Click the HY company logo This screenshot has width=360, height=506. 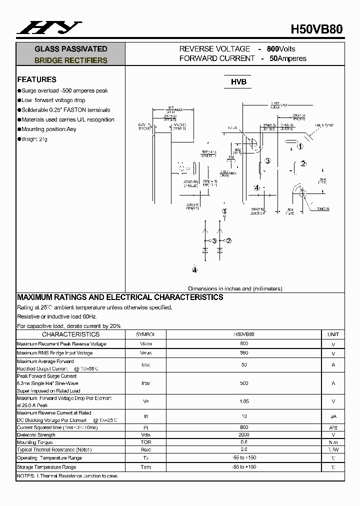tap(48, 27)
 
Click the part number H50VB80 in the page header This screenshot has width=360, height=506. tap(316, 29)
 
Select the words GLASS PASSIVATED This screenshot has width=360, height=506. tap(70, 49)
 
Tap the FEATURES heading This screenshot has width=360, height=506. tap(36, 79)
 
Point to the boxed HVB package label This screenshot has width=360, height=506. tap(238, 82)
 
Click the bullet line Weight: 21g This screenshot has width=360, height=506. tap(34, 139)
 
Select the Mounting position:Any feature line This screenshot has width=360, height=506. tap(48, 129)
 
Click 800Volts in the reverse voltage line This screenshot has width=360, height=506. tap(281, 49)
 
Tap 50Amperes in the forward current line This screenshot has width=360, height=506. tap(288, 58)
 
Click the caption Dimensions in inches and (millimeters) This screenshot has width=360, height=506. tap(235, 288)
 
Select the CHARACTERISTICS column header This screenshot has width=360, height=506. tap(70, 334)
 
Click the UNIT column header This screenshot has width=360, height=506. tap(333, 334)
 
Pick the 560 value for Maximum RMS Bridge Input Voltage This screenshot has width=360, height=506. tap(244, 353)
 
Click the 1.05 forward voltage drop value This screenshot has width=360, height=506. tap(244, 401)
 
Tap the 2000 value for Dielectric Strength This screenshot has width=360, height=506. tap(244, 435)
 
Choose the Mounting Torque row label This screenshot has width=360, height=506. tap(34, 442)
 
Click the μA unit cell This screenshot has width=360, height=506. tap(333, 416)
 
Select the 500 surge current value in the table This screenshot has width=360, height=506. tap(244, 383)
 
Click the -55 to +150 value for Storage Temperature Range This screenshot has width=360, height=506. tap(244, 467)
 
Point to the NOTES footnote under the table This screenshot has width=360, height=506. tap(67, 476)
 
